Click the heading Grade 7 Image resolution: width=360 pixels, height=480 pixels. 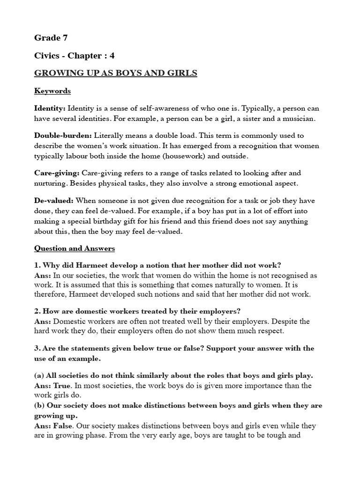(x=51, y=38)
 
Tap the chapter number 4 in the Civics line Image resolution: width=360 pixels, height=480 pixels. (x=112, y=56)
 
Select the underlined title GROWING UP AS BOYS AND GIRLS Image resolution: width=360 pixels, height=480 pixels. (x=116, y=73)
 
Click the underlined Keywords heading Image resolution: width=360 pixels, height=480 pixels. (x=52, y=91)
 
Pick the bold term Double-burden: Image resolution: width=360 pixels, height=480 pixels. (x=63, y=136)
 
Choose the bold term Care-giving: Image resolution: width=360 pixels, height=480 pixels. (x=57, y=173)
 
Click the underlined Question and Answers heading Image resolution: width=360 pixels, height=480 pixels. (x=75, y=248)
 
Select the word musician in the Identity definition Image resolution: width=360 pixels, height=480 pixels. (x=299, y=119)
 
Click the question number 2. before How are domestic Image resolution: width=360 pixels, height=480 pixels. (x=37, y=312)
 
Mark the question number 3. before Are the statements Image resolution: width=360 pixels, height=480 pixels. (x=37, y=348)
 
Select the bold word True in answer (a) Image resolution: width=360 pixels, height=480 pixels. (x=61, y=386)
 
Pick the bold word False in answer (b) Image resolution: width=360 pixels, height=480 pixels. (x=62, y=426)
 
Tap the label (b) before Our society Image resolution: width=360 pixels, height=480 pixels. (x=39, y=406)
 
